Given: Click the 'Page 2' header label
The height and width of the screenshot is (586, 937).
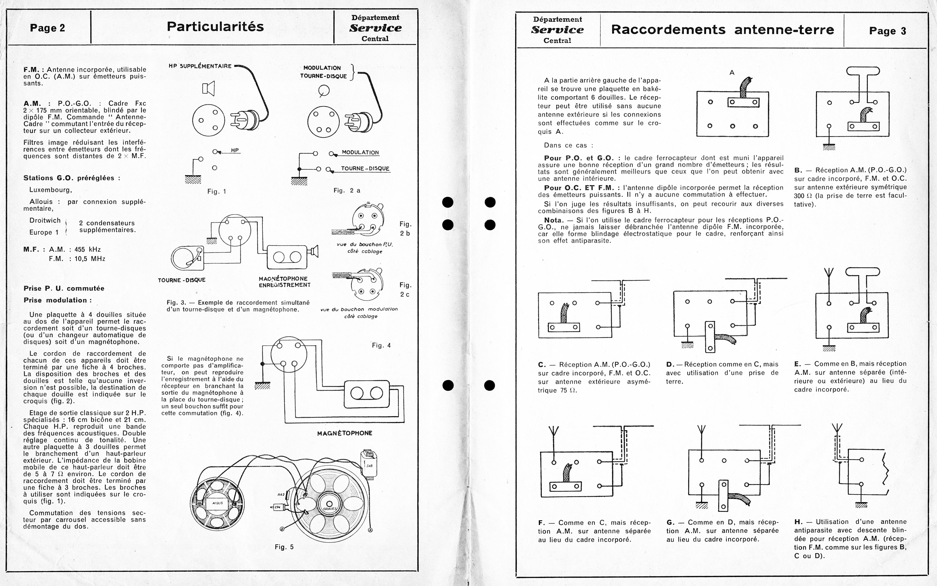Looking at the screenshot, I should [x=47, y=28].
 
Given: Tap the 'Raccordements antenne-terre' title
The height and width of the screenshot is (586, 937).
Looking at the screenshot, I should [x=722, y=30].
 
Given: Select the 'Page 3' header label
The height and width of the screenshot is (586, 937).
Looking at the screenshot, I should [x=887, y=31].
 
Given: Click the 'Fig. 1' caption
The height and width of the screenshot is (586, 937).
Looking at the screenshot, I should [x=217, y=191].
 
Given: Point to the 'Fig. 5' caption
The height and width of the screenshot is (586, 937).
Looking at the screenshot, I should [x=284, y=547].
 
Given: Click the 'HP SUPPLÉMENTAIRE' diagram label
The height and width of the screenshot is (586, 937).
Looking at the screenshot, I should [x=200, y=66].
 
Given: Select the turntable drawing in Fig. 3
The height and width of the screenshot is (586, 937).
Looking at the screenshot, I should [x=188, y=258].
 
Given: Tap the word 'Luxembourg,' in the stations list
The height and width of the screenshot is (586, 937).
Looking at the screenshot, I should [x=51, y=190].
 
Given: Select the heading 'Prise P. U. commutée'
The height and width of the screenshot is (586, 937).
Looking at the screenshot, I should [x=64, y=288].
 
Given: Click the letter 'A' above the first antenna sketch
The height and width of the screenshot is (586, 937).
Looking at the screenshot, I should [x=732, y=72].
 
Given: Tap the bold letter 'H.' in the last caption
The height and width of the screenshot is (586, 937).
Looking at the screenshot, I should [x=798, y=522].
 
